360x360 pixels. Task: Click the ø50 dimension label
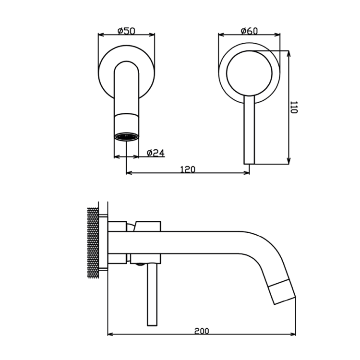pyautogui.click(x=126, y=31)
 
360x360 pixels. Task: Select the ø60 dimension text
pyautogui.click(x=249, y=31)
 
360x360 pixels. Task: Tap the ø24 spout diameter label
pyautogui.click(x=156, y=153)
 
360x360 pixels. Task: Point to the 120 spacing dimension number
pyautogui.click(x=188, y=169)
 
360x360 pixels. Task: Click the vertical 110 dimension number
pyautogui.click(x=294, y=108)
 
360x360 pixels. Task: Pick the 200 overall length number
pyautogui.click(x=202, y=331)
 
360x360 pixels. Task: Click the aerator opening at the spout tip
pyautogui.click(x=127, y=137)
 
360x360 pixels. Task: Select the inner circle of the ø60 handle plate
pyautogui.click(x=249, y=73)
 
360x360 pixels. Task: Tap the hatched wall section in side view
pyautogui.click(x=93, y=243)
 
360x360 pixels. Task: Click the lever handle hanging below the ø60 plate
pyautogui.click(x=249, y=130)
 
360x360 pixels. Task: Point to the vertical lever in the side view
pyautogui.click(x=152, y=295)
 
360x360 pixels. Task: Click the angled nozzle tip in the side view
pyautogui.click(x=282, y=292)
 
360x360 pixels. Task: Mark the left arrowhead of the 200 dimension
pyautogui.click(x=110, y=334)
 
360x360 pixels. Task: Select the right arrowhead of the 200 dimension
pyautogui.click(x=293, y=334)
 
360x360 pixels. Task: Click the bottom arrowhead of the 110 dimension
pyautogui.click(x=289, y=161)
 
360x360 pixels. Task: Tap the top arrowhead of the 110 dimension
pyautogui.click(x=289, y=53)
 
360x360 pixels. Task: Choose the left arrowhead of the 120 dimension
pyautogui.click(x=129, y=172)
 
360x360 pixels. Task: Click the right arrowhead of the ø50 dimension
pyautogui.click(x=152, y=35)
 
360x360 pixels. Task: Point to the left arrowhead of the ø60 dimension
pyautogui.click(x=221, y=35)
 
